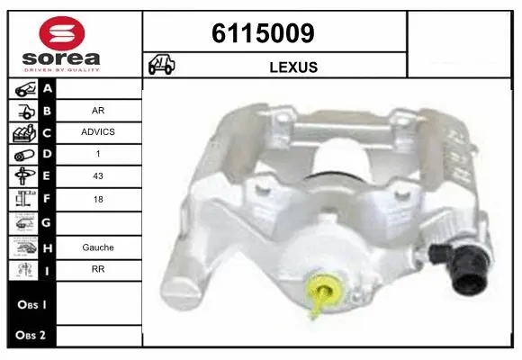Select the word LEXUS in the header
(x=292, y=67)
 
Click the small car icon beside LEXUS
(x=162, y=66)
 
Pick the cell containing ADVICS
(x=97, y=131)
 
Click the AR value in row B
(x=97, y=110)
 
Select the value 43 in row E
(x=97, y=176)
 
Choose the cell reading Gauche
(x=97, y=247)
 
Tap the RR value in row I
(x=97, y=268)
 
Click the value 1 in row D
(x=97, y=154)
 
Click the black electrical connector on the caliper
(x=462, y=269)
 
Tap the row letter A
(x=48, y=88)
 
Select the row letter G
(x=48, y=222)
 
